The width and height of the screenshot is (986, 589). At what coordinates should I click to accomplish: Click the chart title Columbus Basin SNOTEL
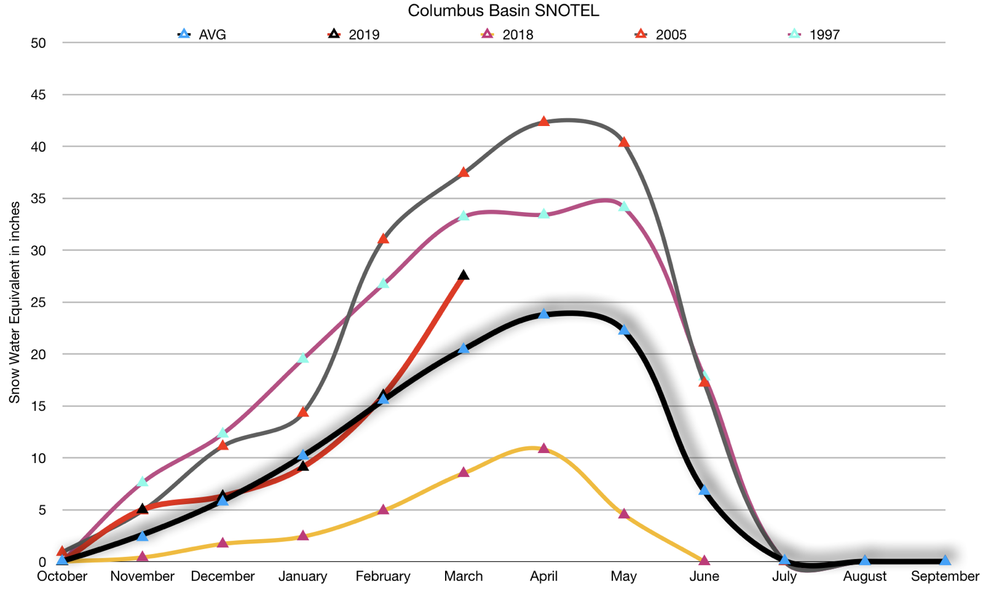503,10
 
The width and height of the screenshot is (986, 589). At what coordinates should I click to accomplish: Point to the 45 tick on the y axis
38,95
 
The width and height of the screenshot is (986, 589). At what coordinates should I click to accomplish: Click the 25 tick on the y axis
38,302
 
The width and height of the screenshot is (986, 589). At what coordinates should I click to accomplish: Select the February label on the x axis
383,577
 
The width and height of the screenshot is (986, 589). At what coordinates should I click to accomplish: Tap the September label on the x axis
945,577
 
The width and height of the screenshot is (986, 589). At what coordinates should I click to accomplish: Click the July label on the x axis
784,577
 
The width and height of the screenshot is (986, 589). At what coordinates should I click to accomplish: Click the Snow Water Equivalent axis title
14,302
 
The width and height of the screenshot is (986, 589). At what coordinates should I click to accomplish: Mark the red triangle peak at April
543,121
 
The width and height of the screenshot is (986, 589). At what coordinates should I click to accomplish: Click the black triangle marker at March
463,275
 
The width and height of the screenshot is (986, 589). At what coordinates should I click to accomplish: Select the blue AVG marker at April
543,314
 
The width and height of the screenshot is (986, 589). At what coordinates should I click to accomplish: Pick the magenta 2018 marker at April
543,448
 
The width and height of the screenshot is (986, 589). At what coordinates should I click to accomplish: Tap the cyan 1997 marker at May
624,206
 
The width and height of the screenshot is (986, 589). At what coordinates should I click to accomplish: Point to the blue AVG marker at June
704,490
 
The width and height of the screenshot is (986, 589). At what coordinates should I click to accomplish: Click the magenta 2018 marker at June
704,560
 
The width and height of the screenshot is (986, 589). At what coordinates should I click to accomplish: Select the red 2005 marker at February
383,238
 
